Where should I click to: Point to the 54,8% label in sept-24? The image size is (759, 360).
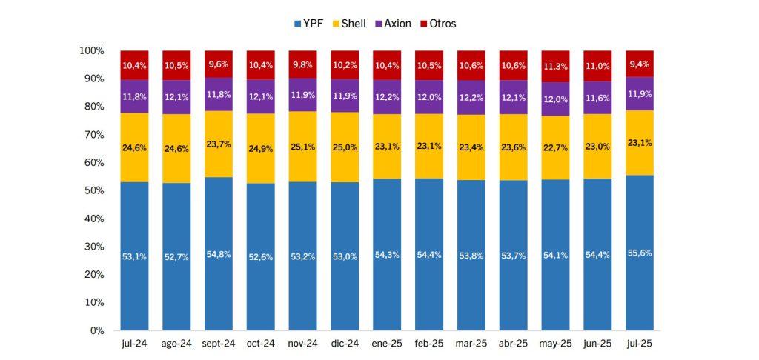tap(219, 254)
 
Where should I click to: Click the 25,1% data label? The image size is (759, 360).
tap(302, 147)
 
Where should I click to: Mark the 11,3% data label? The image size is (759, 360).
tap(555, 67)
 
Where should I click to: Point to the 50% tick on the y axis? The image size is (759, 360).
tap(92, 190)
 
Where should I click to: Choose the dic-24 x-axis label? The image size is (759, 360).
tap(345, 344)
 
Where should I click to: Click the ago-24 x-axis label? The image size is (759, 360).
tap(176, 344)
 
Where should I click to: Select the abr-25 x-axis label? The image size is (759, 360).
tap(513, 344)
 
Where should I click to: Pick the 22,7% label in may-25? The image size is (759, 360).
tap(555, 147)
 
